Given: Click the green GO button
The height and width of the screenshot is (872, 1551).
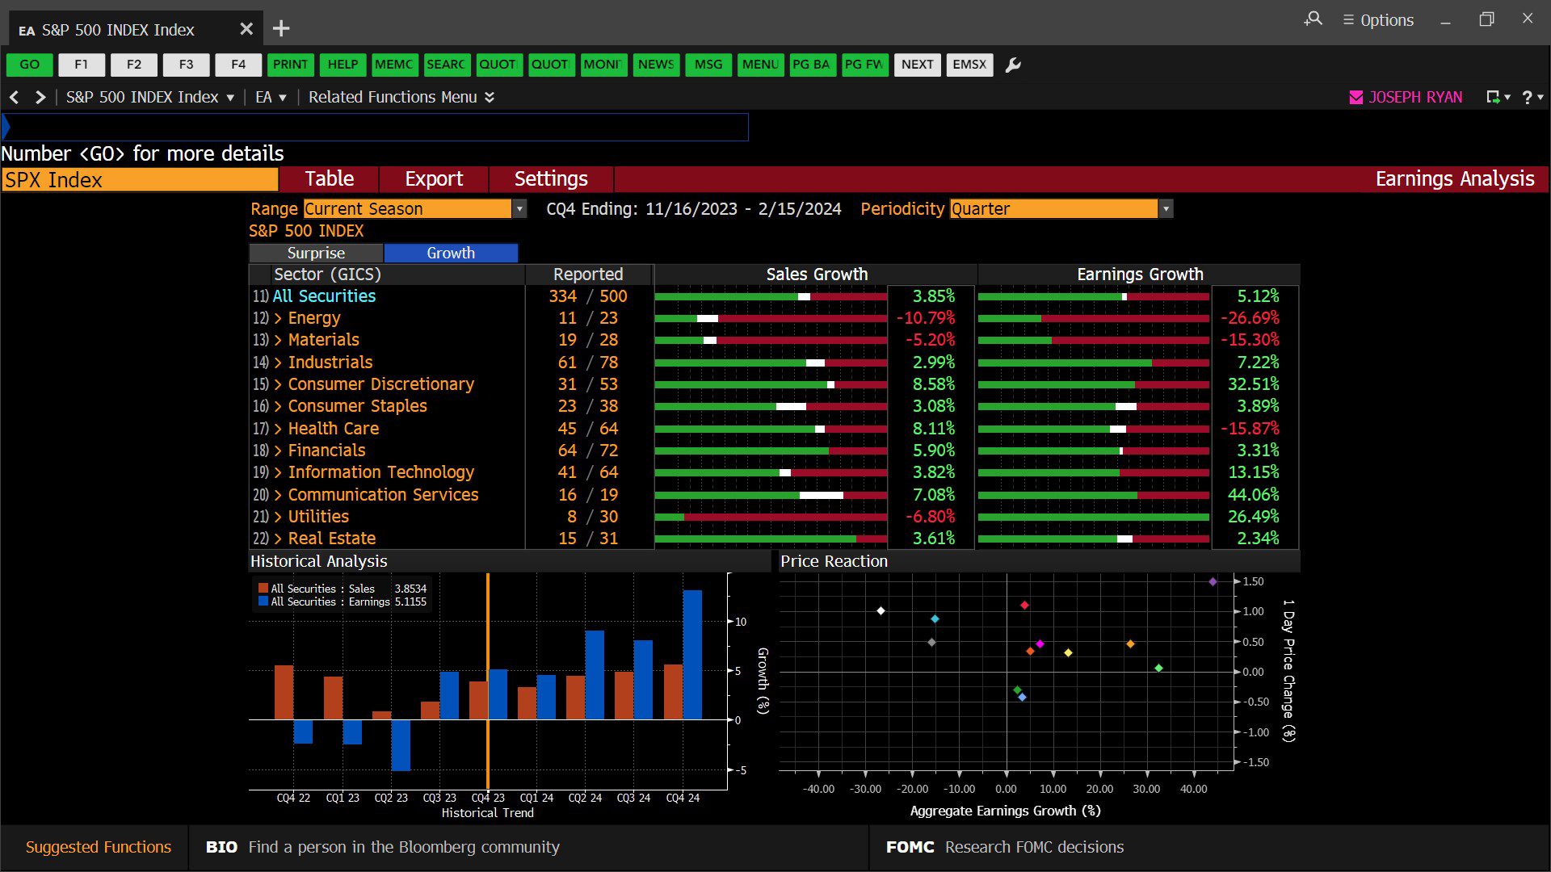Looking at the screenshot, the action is [x=29, y=65].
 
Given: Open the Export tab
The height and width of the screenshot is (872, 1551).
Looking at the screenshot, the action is [x=434, y=179].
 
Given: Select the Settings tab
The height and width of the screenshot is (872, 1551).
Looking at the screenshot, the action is [x=551, y=179].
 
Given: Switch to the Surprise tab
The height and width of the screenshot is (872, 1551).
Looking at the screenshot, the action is [x=316, y=253].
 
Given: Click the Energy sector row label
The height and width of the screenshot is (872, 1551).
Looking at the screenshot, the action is [x=314, y=318].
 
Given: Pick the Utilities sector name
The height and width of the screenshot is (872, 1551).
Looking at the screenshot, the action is [x=318, y=517].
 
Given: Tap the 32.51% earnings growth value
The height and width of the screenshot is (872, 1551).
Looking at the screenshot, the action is [x=1254, y=384].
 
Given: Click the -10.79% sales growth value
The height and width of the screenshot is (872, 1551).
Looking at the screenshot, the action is [x=926, y=318].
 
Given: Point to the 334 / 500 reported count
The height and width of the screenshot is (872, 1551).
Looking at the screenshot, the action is [x=588, y=296].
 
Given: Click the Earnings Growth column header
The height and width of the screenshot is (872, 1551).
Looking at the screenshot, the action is [x=1140, y=275].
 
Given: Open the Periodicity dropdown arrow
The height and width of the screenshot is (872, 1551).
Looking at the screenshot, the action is [x=1166, y=209].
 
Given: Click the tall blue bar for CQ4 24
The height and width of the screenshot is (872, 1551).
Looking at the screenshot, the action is [x=692, y=655].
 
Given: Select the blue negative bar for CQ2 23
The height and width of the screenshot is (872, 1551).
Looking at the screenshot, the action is [x=401, y=744].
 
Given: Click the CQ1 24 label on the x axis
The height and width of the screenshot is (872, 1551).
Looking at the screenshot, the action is [x=536, y=798].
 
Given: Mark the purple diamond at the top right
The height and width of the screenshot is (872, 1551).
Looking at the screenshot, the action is [x=1213, y=581].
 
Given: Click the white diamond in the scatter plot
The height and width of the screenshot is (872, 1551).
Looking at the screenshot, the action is [x=881, y=610].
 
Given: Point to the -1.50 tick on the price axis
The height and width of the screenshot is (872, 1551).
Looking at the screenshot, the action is [x=1255, y=762].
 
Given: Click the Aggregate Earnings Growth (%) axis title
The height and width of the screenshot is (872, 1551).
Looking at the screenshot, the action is [x=1005, y=811].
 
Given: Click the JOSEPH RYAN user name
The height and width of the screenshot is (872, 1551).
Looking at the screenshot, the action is [x=1415, y=97].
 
